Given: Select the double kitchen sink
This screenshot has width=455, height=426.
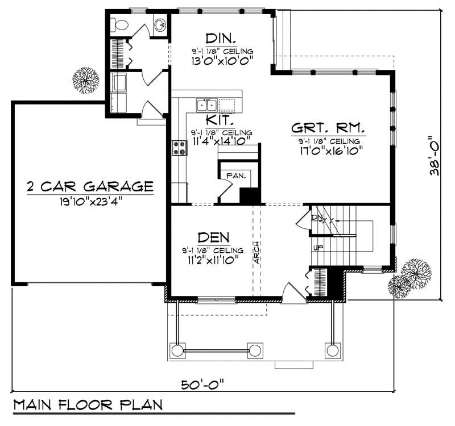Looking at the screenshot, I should pos(206,105).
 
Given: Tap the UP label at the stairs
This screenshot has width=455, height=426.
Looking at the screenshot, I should pos(317,248).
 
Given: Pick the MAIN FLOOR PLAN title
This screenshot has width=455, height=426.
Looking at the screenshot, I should pos(87,405).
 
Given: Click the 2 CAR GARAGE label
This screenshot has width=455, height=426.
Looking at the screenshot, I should pos(90,186).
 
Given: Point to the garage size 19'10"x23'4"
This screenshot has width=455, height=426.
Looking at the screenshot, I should pos(90,201).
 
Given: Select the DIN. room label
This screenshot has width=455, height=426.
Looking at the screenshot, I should pos(221,38).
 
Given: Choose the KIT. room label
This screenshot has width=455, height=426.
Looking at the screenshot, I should pos(217,121).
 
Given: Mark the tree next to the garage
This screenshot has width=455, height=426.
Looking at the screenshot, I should pos(87,80).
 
